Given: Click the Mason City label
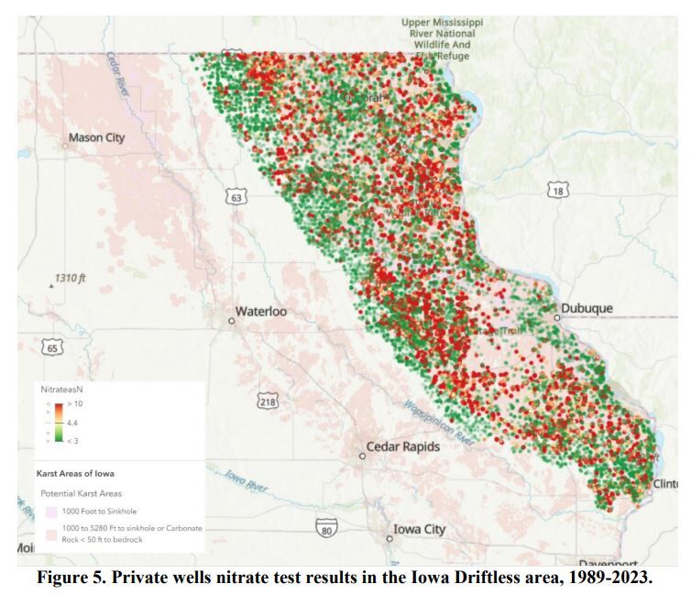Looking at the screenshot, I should point(96,138).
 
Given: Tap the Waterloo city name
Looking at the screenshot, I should point(261,312).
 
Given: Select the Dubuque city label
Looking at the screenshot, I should point(587,309).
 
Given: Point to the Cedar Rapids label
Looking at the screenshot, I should point(402,447).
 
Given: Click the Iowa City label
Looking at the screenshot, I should point(419,529).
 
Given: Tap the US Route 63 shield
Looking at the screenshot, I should point(236,197).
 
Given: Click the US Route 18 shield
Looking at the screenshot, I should point(558,190).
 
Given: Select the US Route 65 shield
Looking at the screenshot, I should point(52,348).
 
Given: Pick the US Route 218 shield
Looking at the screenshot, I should point(269,402).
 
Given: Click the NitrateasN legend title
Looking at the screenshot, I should point(63,391).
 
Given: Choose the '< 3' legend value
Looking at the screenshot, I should point(73,440).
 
